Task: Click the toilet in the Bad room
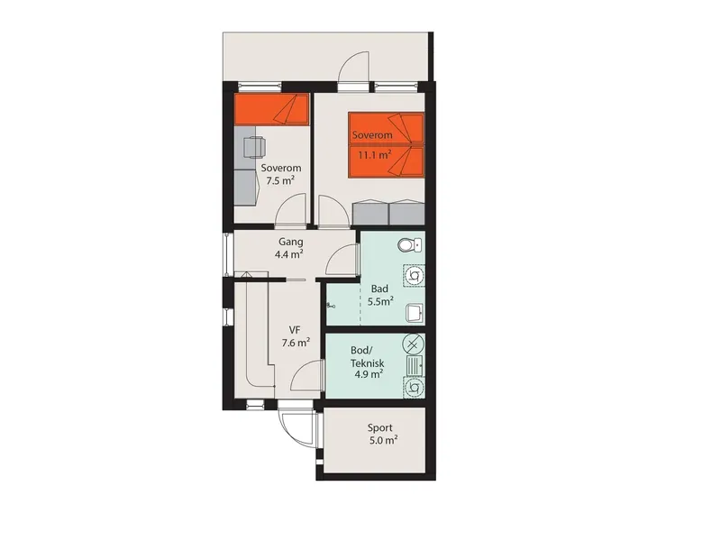pos(409,244)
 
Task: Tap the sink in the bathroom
pos(415,313)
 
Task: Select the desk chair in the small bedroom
pos(254,147)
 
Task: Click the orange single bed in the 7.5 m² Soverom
pos(271,109)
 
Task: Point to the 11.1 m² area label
pos(375,154)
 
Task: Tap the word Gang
pos(290,242)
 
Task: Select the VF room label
pos(295,330)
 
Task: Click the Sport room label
pos(379,427)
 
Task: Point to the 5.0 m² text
pos(384,440)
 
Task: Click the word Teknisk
pos(368,363)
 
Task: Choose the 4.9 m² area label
pos(369,374)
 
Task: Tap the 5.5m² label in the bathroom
pos(380,302)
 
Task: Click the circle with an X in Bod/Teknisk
pos(413,344)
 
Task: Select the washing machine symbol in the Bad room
pos(415,276)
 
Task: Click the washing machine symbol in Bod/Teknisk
pos(414,387)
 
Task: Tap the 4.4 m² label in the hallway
pos(288,253)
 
